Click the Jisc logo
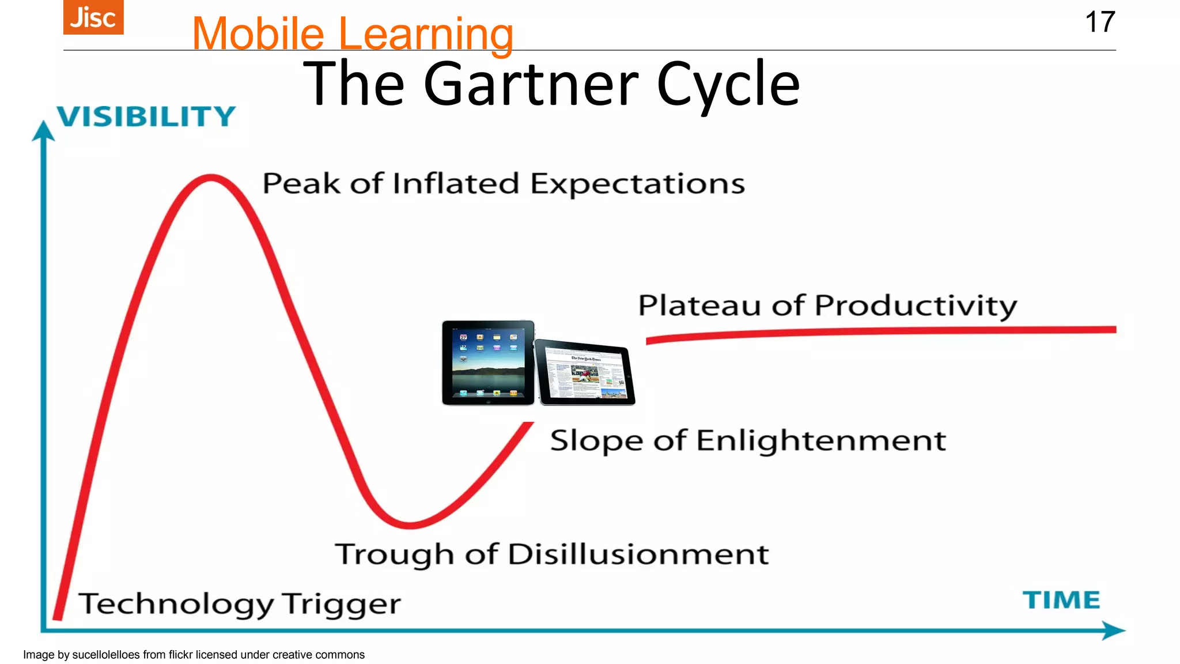93,17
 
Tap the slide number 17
1099,22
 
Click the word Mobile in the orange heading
258,34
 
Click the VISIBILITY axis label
146,116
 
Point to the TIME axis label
1061,600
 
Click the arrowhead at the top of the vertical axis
43,130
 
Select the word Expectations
637,184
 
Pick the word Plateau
699,305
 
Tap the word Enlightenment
820,441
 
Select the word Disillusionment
638,554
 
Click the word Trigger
342,604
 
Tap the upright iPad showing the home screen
488,363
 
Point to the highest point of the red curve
211,178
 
